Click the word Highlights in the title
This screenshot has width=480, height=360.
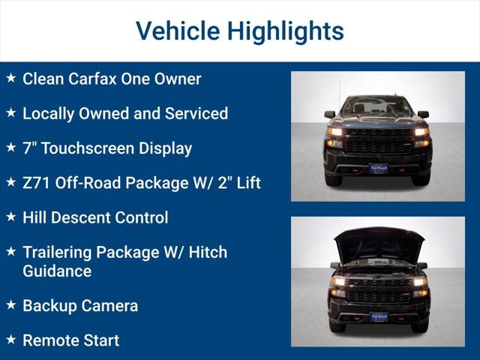285,31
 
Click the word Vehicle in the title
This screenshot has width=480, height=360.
177,31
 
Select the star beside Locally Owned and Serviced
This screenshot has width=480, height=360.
10,112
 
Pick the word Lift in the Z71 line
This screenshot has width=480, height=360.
244,182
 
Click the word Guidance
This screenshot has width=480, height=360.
57,271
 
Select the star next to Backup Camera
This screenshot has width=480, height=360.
10,304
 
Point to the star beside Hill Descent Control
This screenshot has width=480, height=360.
10,217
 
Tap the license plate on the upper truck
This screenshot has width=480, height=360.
378,169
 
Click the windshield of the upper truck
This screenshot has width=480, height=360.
377,106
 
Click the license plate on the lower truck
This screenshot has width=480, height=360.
378,317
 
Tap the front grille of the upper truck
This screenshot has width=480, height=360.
378,140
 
